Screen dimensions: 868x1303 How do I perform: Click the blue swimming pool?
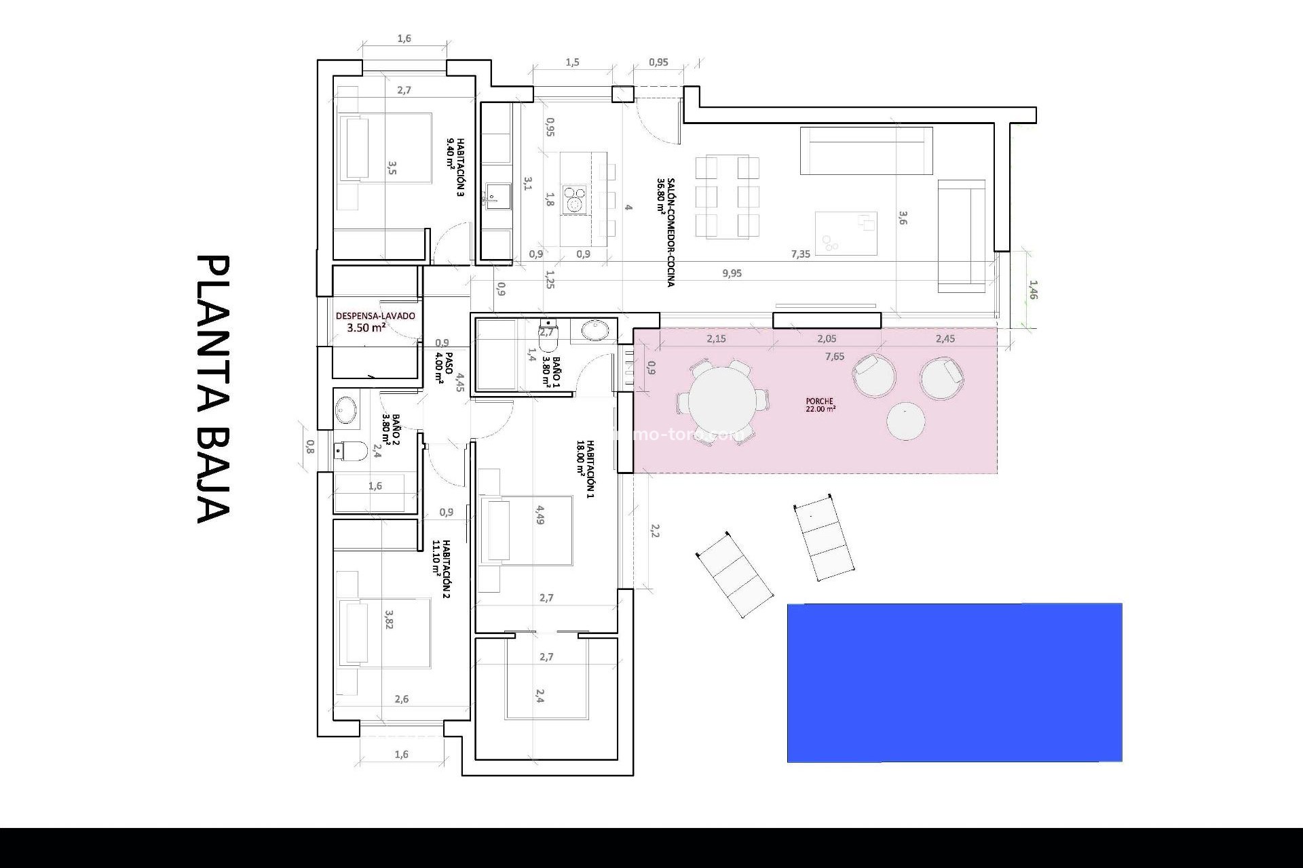pos(954,682)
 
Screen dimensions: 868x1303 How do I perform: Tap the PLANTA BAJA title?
pos(214,389)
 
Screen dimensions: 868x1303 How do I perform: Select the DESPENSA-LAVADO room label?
pos(375,316)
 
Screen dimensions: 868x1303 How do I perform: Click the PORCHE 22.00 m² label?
pos(820,405)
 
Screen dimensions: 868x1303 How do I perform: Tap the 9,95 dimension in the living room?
pos(732,273)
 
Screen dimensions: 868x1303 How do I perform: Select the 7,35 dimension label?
pos(801,254)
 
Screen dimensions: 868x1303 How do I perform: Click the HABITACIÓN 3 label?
pos(456,167)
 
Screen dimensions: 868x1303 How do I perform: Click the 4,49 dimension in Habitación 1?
pos(540,515)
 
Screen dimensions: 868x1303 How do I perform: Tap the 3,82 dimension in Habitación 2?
pos(389,619)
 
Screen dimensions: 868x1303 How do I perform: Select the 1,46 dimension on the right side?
pos(1034,290)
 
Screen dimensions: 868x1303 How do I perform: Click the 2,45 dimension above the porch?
pos(945,338)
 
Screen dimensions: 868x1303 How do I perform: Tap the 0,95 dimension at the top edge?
pos(658,62)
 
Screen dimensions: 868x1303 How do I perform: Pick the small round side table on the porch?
pos(905,421)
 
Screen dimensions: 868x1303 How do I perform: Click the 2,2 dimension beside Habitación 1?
pos(655,530)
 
